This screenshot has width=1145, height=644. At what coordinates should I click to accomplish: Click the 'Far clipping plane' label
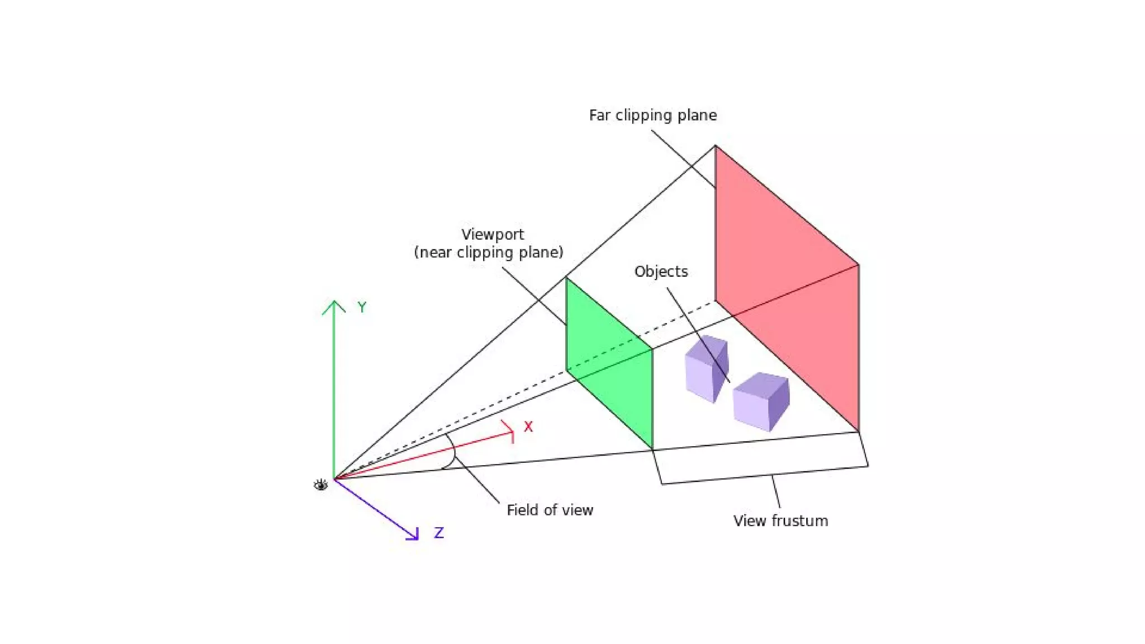tap(652, 115)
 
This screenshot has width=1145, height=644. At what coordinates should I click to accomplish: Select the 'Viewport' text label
tap(493, 234)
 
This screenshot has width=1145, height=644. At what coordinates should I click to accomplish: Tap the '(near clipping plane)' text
tap(488, 253)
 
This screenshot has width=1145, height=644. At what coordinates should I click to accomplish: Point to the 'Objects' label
tap(661, 272)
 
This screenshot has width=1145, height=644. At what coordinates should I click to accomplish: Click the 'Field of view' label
tap(550, 510)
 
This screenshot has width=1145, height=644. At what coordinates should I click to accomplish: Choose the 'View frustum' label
tap(780, 521)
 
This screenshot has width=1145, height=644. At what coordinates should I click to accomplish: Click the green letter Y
tap(362, 307)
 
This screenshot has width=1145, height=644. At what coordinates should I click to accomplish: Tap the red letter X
tap(528, 427)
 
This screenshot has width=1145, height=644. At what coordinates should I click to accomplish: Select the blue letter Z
tap(439, 533)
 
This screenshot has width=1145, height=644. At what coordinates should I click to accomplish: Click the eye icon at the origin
tap(320, 485)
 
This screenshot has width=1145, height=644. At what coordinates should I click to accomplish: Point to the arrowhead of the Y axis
tap(334, 304)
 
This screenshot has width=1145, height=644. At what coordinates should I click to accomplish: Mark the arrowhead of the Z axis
tap(414, 536)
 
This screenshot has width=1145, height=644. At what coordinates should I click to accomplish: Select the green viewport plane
tap(609, 363)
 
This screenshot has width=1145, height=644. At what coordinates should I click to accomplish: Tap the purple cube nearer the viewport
tap(706, 367)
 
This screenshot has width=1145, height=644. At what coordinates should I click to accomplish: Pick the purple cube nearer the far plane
tap(761, 401)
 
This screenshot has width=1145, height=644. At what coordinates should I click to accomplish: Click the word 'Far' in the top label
tap(599, 115)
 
